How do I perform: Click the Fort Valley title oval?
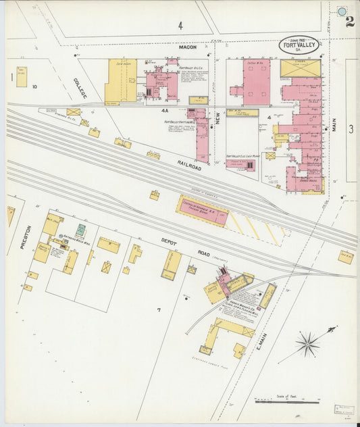pos(299,45)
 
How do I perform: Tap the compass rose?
pos(307,344)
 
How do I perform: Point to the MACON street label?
pos(187,47)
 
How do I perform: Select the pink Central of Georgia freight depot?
pos(202,211)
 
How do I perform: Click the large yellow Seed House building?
pos(122,81)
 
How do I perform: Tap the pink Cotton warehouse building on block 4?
pos(256,81)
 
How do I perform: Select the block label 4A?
pos(165,110)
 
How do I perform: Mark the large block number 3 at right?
pos(351,129)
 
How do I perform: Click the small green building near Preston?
pos(81,230)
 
